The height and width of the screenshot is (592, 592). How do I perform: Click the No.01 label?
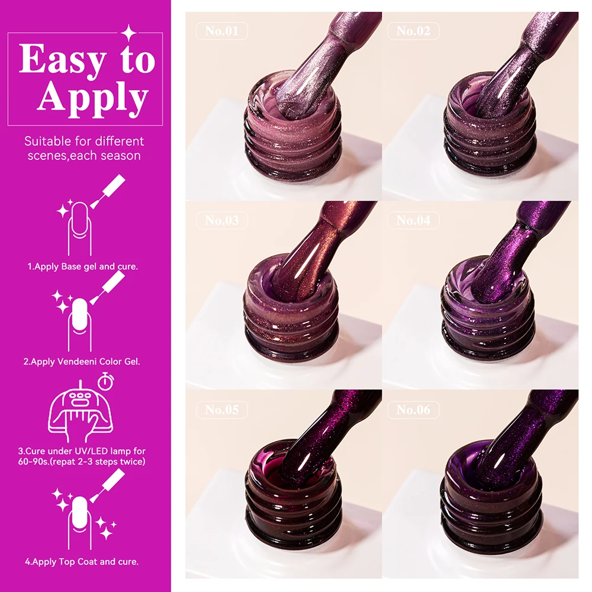[221, 31]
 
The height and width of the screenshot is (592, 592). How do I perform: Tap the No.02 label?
[413, 31]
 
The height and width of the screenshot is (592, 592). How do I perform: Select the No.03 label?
[221, 220]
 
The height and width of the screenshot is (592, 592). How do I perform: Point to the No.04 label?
[413, 220]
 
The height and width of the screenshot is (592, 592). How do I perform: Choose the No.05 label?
[221, 409]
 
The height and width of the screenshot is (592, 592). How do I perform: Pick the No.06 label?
[413, 409]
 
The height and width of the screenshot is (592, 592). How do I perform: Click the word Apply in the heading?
[93, 97]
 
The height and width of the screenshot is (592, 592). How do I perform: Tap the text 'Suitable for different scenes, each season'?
[84, 149]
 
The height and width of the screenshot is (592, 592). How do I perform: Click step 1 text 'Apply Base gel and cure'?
[83, 266]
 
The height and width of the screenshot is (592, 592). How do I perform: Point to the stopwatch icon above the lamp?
[106, 381]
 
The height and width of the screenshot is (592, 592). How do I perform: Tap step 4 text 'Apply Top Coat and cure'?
[83, 561]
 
